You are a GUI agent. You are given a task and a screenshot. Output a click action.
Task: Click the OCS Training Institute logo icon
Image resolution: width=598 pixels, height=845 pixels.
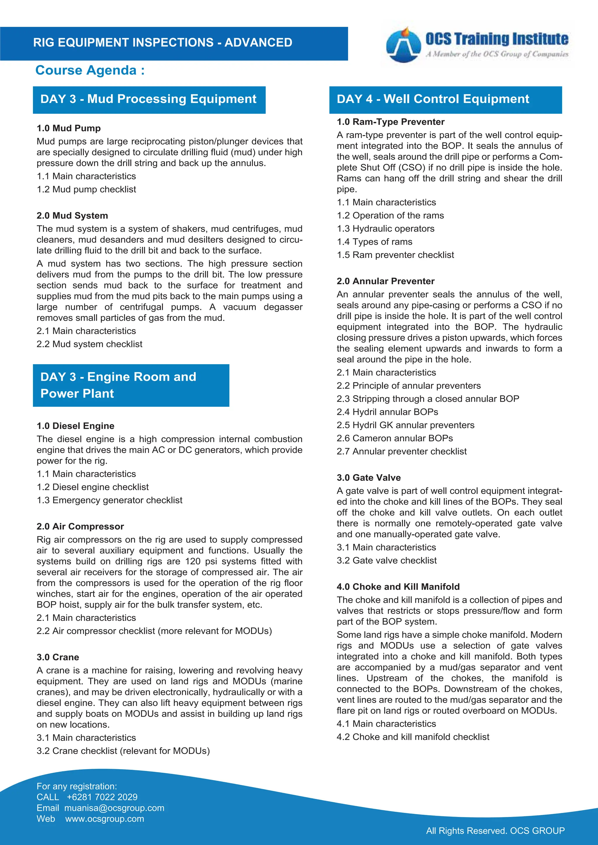point(404,45)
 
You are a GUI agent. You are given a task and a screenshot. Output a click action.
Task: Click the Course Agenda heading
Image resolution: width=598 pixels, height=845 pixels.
point(90,70)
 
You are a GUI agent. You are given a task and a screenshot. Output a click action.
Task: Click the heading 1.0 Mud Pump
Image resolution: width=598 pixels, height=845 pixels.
point(69,128)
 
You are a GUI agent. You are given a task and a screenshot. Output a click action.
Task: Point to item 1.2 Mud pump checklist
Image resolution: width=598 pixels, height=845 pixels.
point(86,189)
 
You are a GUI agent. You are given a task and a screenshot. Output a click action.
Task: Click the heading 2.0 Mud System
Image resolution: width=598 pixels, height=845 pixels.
point(72,216)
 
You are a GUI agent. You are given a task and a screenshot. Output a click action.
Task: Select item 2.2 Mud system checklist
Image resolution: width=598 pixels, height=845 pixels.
point(89,344)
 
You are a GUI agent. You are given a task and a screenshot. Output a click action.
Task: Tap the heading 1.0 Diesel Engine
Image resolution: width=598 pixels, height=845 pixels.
point(76,426)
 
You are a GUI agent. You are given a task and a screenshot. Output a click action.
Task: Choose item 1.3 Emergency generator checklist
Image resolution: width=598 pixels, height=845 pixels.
point(109,500)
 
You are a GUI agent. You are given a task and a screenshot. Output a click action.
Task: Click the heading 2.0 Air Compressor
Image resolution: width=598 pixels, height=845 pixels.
point(80,527)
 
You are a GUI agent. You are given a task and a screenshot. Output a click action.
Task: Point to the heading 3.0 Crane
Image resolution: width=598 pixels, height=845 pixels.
point(58,657)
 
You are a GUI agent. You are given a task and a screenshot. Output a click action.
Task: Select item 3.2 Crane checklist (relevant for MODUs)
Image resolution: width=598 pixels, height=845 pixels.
point(123,751)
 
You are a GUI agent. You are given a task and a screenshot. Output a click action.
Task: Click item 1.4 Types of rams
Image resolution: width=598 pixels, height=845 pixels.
point(375,242)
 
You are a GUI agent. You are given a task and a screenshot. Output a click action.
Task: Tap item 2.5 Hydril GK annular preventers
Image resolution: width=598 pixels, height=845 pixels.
point(405,425)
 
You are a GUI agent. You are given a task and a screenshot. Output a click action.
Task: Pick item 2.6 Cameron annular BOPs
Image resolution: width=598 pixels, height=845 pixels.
point(395,438)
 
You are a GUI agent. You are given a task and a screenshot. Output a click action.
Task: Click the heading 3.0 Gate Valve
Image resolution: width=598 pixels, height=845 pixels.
point(368,478)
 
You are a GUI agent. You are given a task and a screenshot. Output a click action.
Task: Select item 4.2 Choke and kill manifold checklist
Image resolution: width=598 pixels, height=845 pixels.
point(413,737)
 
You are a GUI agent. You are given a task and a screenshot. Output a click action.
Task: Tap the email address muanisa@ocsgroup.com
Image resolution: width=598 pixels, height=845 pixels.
point(114,808)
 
